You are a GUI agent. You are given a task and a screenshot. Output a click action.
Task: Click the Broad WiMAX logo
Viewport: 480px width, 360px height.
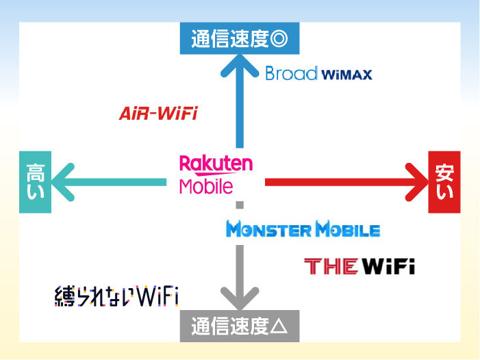[x=318, y=73]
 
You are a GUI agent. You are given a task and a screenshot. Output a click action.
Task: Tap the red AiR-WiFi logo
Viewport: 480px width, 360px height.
[x=158, y=114]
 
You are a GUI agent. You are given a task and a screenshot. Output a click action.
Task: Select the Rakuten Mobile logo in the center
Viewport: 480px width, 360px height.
[x=215, y=173]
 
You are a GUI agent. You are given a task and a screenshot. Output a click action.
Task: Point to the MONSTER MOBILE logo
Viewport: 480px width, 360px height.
[x=303, y=230]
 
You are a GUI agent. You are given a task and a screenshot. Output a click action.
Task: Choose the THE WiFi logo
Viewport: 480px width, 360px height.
[x=359, y=266]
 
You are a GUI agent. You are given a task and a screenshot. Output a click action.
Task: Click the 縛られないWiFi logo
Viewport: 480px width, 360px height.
[x=116, y=296]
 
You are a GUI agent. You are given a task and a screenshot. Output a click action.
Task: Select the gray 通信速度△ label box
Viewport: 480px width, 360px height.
[x=239, y=326]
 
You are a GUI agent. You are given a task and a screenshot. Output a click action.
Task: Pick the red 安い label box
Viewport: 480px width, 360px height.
[x=444, y=182]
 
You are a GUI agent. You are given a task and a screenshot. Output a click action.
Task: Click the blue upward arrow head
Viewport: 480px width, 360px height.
[x=239, y=66]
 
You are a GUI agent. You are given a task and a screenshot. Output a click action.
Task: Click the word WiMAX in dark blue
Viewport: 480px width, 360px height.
[x=346, y=75]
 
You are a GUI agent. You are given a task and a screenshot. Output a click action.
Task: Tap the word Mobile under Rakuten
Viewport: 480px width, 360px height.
[x=206, y=185]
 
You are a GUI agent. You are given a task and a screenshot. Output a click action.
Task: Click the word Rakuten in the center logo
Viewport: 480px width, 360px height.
[x=216, y=164]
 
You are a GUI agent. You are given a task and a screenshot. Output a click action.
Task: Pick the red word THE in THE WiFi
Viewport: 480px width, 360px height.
[x=331, y=266]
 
